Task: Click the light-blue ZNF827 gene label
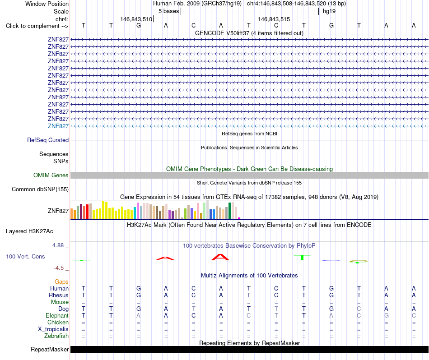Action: (x=58, y=126)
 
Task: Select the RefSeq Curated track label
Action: (x=48, y=140)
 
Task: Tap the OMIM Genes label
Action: (x=51, y=175)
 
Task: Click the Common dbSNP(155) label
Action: (x=40, y=189)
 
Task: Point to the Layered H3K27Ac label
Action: (x=29, y=231)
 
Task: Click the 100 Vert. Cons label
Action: (x=25, y=256)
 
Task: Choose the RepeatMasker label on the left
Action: (x=50, y=349)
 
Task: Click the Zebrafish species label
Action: (x=56, y=336)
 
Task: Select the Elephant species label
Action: (x=57, y=315)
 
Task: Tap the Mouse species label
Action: (x=60, y=302)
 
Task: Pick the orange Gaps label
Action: (x=61, y=282)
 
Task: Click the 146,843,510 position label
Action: (x=136, y=19)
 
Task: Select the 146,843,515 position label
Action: (x=274, y=19)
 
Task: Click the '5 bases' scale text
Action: (x=168, y=11)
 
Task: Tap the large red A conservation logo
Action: (x=220, y=257)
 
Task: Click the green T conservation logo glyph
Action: (x=302, y=257)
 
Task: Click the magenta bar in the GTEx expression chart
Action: (x=239, y=218)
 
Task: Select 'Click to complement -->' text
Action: (x=37, y=26)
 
